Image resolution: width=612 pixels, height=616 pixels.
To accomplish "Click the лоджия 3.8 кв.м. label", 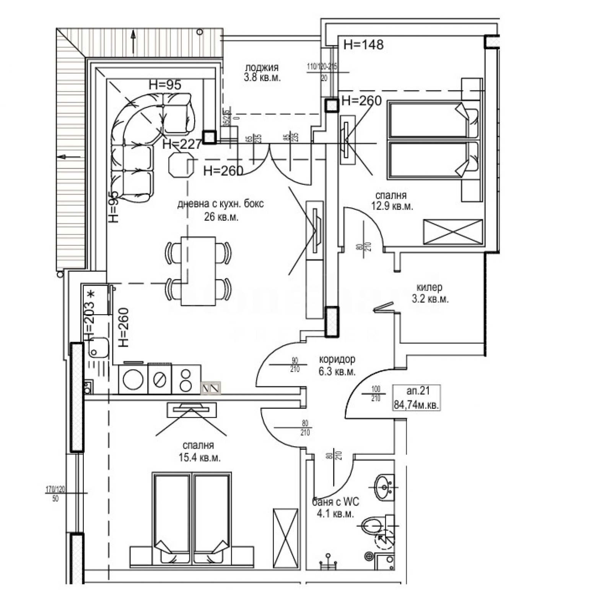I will pos(262,73).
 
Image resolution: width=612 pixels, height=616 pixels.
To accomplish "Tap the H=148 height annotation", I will pos(363,45).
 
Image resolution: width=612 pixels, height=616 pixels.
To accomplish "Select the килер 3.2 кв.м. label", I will pos(430,293).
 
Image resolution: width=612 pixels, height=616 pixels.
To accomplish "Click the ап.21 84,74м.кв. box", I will pos(417,398).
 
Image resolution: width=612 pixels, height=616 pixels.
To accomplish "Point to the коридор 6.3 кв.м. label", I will pos(337,365).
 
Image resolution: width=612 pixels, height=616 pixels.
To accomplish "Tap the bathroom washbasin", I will pos(383,487).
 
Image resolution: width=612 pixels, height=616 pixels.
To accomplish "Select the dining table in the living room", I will pos(198,271).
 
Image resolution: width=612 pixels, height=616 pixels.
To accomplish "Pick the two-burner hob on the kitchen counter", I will pos(186,379).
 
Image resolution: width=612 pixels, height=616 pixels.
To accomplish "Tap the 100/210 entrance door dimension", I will pos(376,394).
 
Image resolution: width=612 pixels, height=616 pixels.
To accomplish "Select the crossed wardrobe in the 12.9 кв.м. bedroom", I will pos(453,232).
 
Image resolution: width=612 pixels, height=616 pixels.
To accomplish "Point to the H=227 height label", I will pos(182,144).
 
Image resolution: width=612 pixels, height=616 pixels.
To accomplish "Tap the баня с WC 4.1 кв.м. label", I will pos(335,507).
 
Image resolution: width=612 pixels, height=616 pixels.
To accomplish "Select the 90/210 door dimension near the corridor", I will pos(295,365).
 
